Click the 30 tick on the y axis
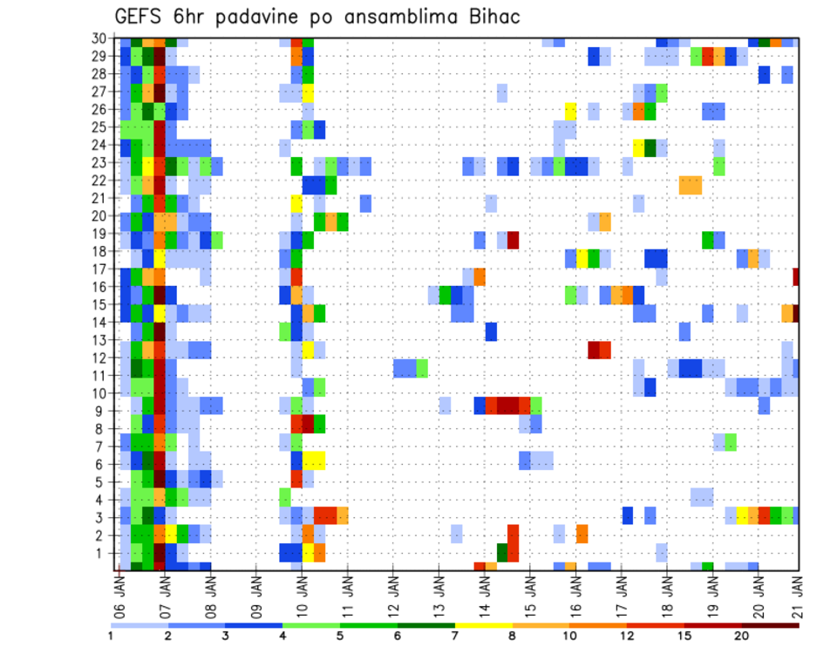pos(101,38)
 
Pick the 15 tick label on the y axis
pos(101,305)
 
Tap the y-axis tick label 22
pos(101,180)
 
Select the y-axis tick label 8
pos(105,429)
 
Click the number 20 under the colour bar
pos(743,636)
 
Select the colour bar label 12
pos(628,636)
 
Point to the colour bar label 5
pos(340,636)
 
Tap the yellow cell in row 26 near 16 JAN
pos(571,110)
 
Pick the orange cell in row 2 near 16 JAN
pos(582,534)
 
